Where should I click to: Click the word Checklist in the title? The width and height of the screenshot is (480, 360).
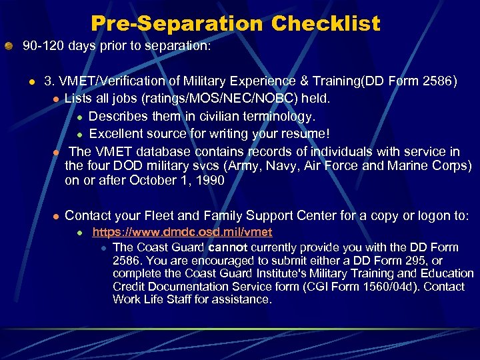(325, 24)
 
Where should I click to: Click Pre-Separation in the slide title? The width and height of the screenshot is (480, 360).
(177, 24)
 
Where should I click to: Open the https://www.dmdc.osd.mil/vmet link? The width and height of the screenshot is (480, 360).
(182, 233)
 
